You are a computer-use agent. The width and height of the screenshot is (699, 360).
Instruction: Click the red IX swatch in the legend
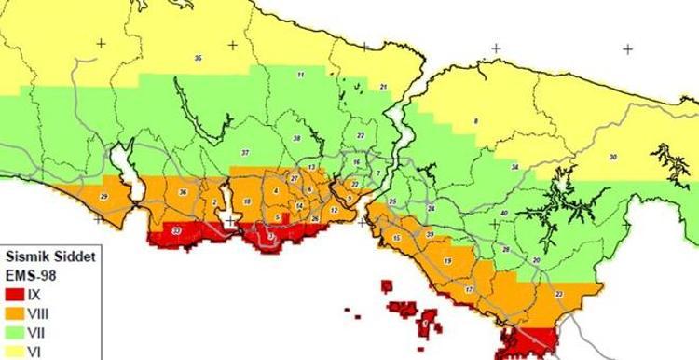tap(13, 293)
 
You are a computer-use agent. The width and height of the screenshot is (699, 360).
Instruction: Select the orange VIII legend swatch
tap(13, 312)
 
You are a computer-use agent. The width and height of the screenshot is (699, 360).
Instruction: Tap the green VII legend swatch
tap(13, 330)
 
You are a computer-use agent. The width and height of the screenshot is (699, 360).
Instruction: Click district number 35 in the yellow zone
tap(199, 59)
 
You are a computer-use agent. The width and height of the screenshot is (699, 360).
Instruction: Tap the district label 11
tap(300, 74)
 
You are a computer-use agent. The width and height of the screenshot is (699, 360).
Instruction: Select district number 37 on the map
tap(245, 152)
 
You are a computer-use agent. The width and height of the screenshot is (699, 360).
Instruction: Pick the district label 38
tap(296, 138)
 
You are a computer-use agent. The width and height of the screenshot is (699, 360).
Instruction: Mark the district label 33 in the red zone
tap(177, 229)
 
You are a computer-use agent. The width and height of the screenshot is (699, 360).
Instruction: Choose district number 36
tap(183, 193)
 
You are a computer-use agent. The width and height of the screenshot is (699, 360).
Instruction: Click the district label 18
tap(246, 202)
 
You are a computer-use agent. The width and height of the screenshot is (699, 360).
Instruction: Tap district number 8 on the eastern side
tap(476, 122)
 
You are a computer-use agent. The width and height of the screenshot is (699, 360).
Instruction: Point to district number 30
tap(612, 157)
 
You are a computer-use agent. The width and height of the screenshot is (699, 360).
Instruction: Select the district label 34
tap(514, 167)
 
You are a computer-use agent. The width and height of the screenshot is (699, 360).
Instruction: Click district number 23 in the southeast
tap(558, 294)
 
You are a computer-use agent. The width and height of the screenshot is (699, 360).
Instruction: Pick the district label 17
tap(469, 290)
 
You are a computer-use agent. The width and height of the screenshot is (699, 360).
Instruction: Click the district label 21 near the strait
tap(383, 86)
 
